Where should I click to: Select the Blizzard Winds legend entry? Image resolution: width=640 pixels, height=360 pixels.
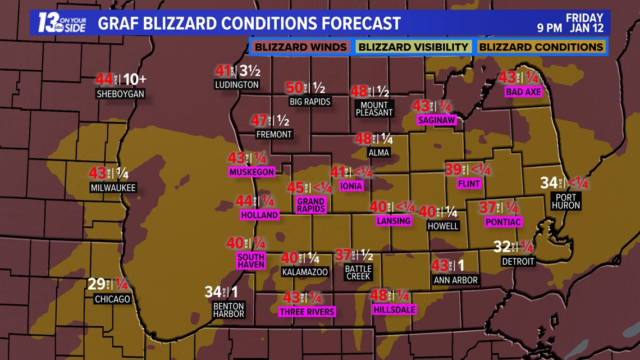[300, 47]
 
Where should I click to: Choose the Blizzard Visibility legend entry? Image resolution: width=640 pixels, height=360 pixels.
[413, 47]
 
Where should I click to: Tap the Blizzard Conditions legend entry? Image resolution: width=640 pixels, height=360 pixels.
[541, 47]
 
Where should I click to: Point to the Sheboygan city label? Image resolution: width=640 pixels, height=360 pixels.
[120, 94]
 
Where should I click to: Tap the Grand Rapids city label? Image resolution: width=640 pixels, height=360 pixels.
[310, 205]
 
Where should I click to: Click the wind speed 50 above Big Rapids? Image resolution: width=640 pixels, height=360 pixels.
[294, 88]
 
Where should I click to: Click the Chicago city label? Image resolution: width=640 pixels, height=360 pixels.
[112, 299]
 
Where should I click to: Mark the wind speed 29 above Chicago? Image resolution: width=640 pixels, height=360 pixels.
[96, 284]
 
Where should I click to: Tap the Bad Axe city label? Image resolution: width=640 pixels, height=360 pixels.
[523, 92]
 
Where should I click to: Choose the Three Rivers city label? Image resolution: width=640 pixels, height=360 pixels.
[307, 312]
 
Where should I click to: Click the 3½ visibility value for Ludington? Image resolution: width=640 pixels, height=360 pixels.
[250, 71]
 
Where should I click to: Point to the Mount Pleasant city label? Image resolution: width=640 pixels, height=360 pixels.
[374, 108]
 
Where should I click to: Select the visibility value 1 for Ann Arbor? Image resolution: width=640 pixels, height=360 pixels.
[461, 266]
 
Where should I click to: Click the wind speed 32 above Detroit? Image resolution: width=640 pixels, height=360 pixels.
[502, 247]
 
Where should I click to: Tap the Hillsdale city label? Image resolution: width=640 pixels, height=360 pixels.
[394, 309]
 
